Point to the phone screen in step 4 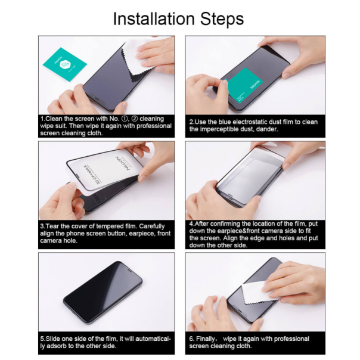pos(250,173)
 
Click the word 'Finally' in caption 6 pos(209,338)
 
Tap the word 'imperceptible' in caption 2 pos(224,129)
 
